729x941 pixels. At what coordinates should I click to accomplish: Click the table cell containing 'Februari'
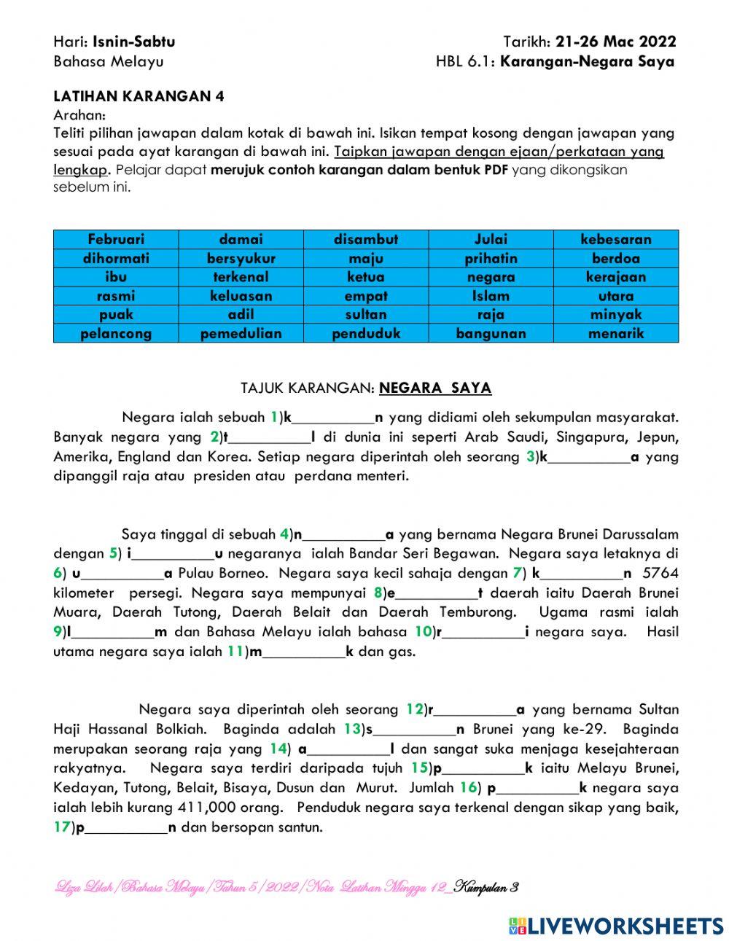[116, 239]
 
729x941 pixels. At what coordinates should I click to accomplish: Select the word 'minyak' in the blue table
[616, 315]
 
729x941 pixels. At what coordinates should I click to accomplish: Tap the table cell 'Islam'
[491, 296]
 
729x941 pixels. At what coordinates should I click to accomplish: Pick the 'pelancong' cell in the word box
[116, 334]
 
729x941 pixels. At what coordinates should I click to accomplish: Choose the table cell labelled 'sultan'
[366, 315]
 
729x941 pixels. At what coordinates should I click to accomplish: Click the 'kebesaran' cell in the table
[616, 239]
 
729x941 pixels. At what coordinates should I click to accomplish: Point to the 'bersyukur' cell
[241, 258]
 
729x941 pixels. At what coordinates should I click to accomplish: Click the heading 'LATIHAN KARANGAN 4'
[139, 96]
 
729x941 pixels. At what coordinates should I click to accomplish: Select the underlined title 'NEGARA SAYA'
[435, 388]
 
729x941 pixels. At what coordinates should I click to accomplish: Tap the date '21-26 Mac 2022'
[615, 42]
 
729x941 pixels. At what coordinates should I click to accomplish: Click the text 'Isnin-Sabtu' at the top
[134, 42]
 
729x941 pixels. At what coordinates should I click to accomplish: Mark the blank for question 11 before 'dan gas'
[304, 652]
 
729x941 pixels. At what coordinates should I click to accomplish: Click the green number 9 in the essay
[58, 632]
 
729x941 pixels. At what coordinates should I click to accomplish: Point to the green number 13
[351, 729]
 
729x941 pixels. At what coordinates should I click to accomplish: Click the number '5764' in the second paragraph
[660, 573]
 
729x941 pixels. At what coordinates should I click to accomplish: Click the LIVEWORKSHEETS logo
[616, 926]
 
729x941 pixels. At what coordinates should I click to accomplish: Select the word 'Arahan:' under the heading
[79, 115]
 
